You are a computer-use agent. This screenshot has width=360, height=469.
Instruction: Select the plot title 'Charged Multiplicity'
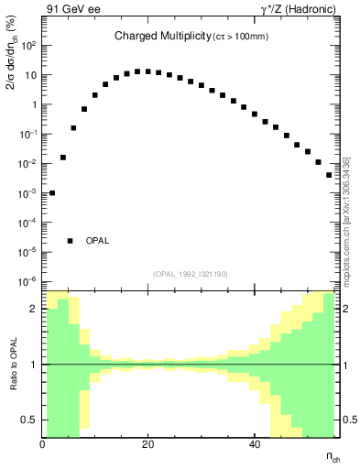[153, 37]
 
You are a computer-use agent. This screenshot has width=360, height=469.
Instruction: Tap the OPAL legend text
[98, 241]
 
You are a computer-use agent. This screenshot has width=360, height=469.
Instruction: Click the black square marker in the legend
[71, 241]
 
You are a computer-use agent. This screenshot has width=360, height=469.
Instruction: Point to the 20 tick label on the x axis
[147, 444]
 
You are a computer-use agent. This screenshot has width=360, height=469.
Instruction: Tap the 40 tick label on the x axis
[254, 444]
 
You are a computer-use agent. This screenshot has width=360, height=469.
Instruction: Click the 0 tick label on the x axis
[43, 444]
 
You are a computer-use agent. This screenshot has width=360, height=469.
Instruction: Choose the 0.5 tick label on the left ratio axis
[27, 420]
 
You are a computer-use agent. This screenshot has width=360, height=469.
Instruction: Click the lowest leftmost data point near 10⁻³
[52, 193]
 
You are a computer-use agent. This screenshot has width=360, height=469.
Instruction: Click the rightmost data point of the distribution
[329, 175]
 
